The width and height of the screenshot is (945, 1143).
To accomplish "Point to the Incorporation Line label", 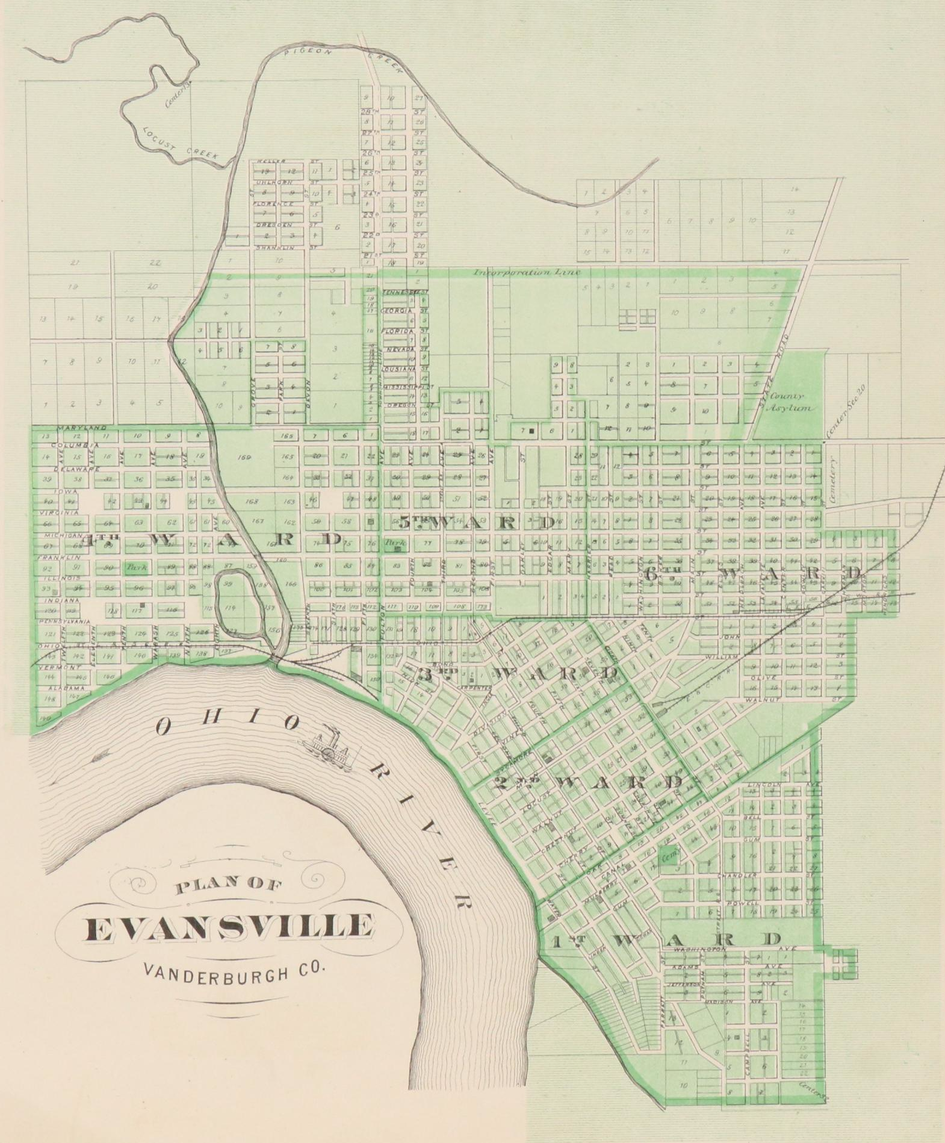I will point(527,272).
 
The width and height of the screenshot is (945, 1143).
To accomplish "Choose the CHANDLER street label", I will point(745,874).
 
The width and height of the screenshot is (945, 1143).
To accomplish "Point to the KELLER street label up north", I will point(267,162).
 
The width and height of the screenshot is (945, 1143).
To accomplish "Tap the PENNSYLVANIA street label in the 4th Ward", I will point(64,621).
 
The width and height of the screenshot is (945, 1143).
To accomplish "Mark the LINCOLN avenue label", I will point(764,785).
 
